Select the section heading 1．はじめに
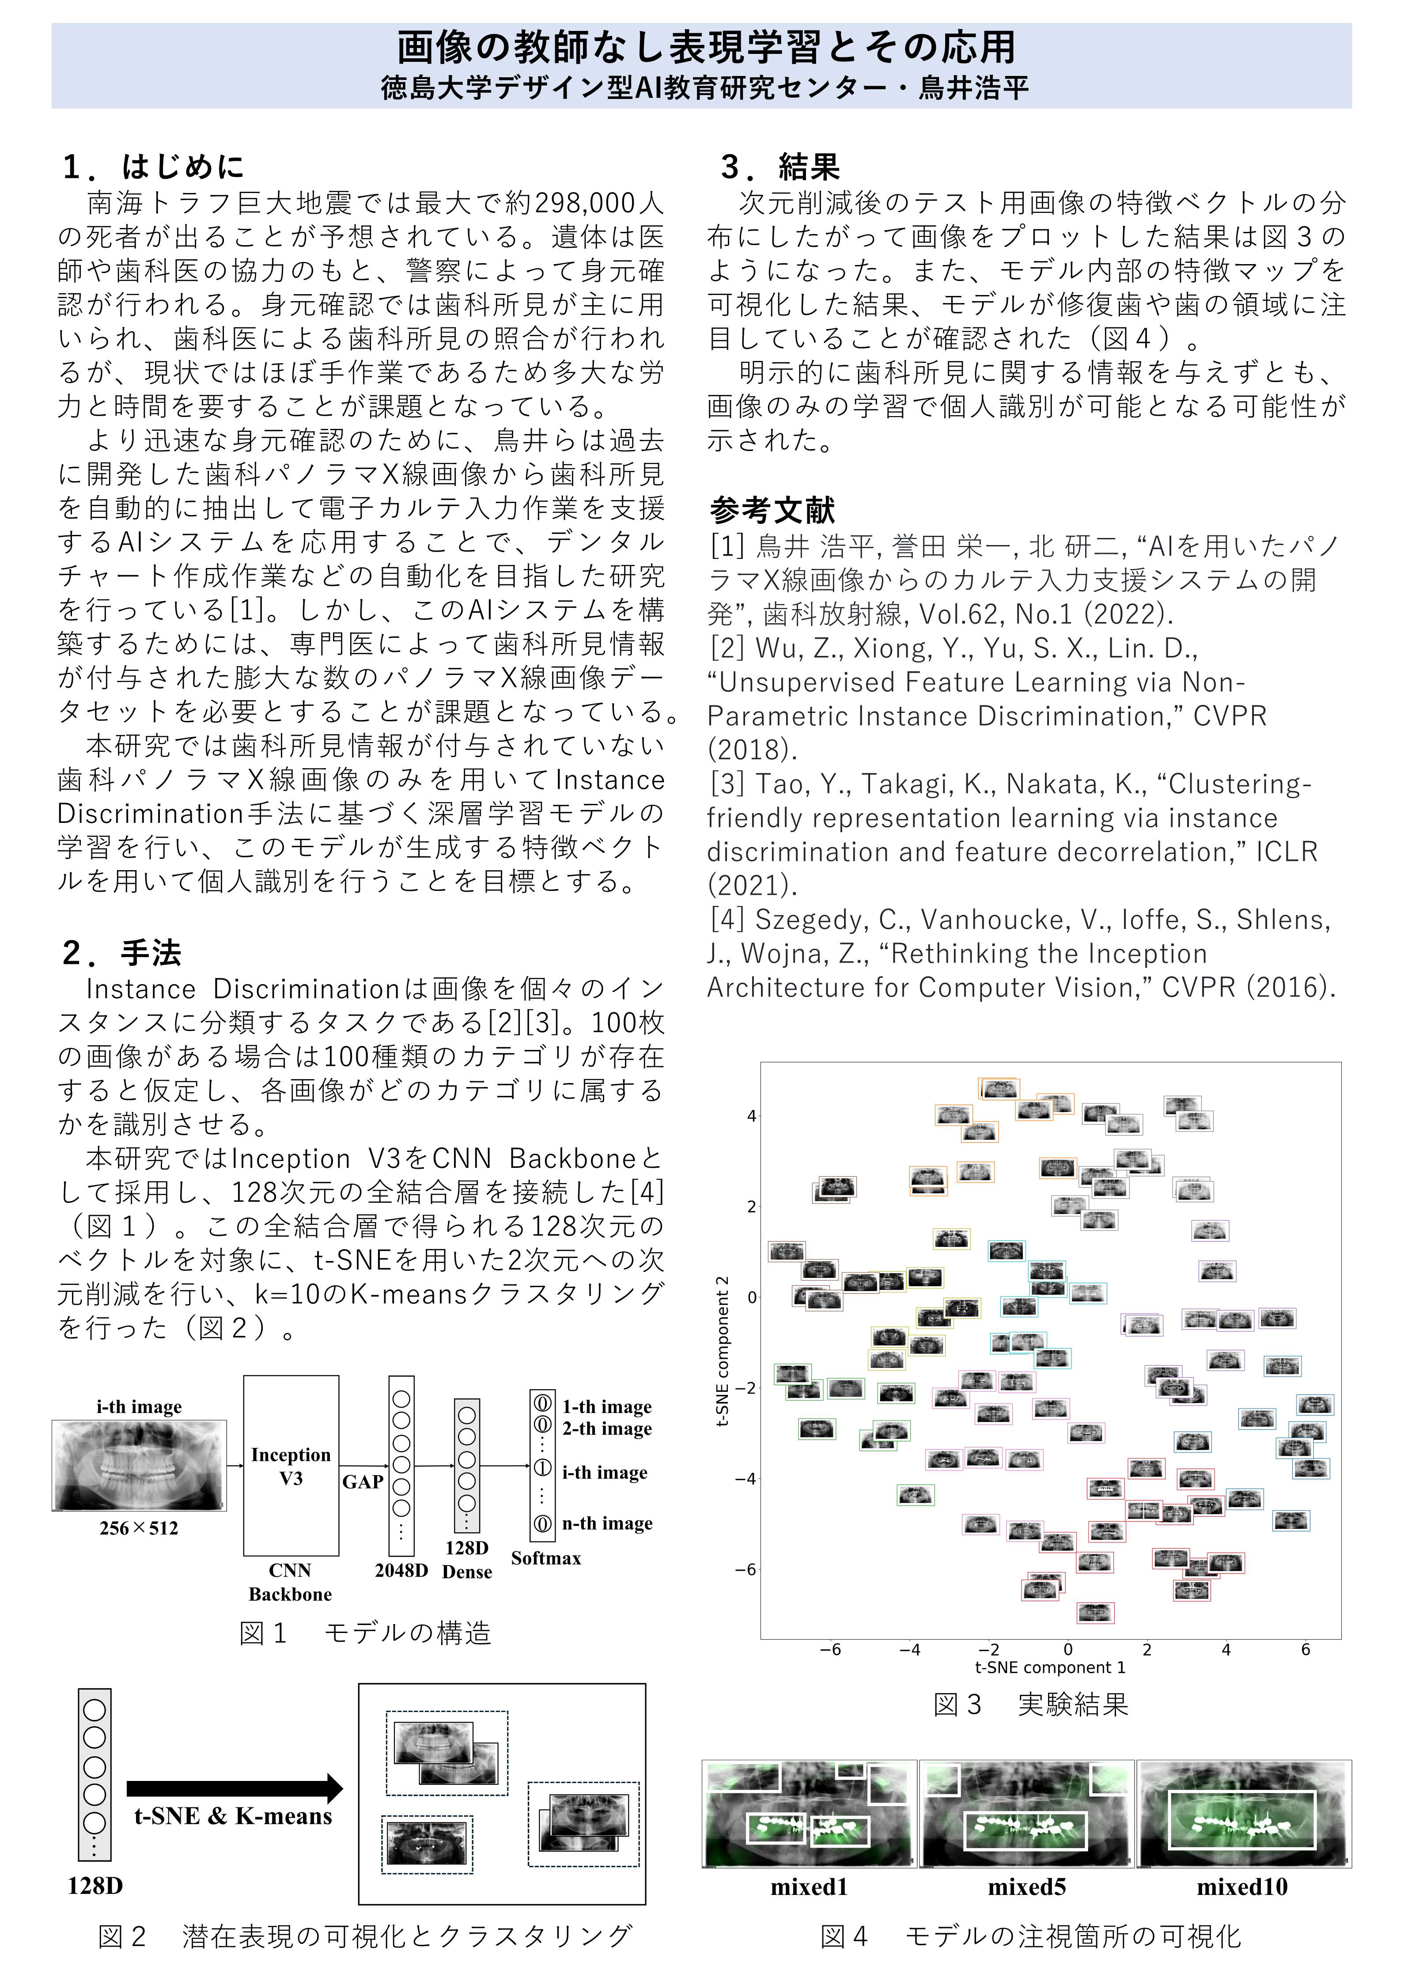click(154, 166)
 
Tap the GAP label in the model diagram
click(362, 1482)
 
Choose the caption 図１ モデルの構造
click(365, 1633)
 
